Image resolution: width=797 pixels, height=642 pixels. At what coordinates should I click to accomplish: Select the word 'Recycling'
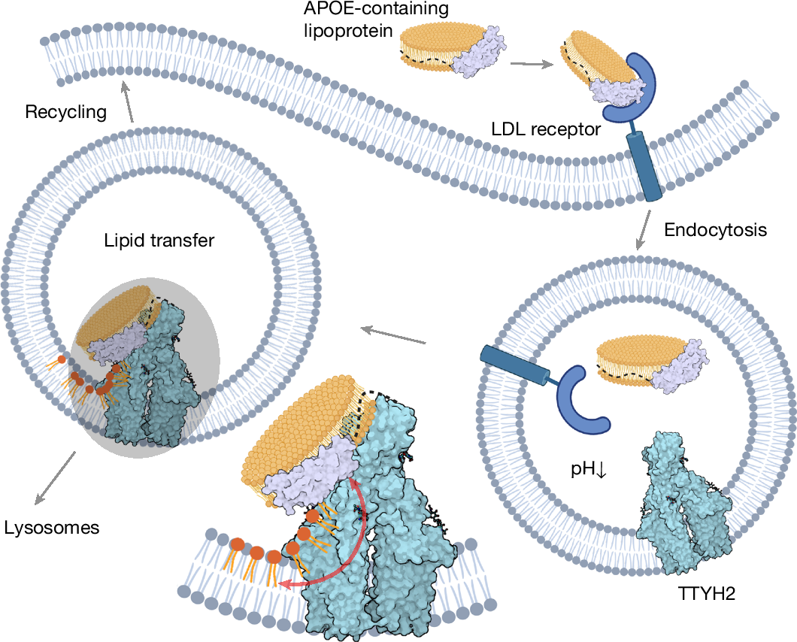[66, 113]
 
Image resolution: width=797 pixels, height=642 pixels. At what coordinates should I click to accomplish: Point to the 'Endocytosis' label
[716, 230]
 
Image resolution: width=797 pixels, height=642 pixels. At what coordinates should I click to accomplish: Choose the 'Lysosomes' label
[50, 528]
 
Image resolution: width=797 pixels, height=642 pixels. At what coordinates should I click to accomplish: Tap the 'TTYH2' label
[705, 595]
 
